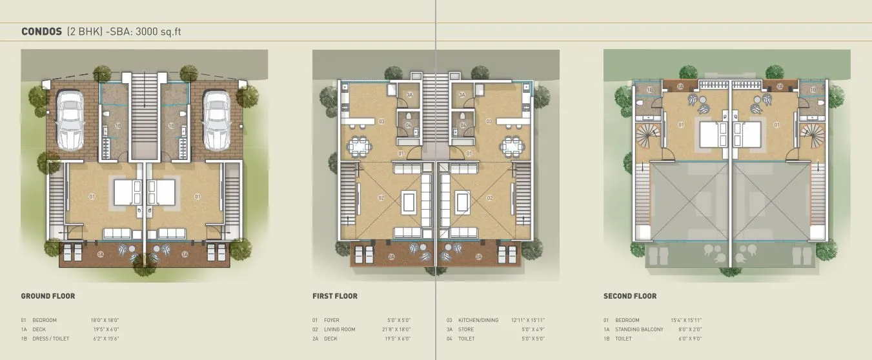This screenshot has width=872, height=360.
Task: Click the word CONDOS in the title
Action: point(42,31)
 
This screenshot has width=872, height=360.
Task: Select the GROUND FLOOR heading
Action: point(48,296)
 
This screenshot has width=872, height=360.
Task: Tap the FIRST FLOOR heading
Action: point(334,296)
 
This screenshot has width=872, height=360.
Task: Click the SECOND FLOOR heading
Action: point(630,296)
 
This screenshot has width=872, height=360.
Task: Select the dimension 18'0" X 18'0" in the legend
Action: point(105,320)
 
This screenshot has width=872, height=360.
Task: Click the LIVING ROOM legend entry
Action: point(340,330)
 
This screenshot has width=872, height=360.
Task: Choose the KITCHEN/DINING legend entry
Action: point(478,320)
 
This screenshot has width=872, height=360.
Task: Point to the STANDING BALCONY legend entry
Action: point(639,330)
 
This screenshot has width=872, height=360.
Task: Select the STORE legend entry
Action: point(465,330)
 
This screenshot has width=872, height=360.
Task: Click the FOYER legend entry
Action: point(332,320)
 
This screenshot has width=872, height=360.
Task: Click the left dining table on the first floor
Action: point(357,145)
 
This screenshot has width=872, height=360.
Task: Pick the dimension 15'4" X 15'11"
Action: point(687,320)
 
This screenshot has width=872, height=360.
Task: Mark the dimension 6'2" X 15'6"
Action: point(106,339)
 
